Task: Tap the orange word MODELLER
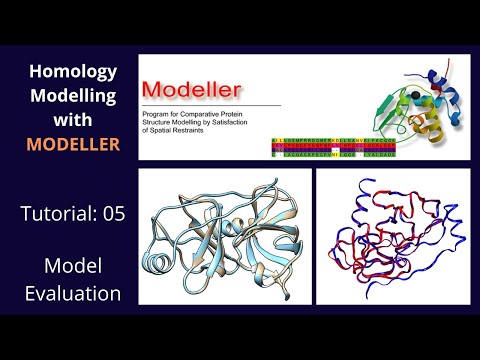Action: click(x=73, y=145)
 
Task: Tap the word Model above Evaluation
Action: click(x=73, y=266)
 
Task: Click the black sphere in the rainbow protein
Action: click(x=409, y=97)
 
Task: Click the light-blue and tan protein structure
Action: click(x=220, y=239)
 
